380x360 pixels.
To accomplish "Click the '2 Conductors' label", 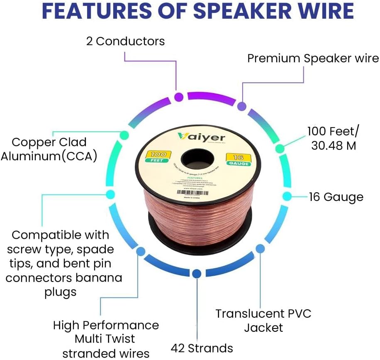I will (125, 41).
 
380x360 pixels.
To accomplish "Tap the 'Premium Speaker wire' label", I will (313, 58).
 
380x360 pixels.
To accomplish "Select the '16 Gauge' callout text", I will (336, 197).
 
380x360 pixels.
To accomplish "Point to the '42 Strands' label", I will (202, 348).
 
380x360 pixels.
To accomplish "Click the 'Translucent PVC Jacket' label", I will (263, 320).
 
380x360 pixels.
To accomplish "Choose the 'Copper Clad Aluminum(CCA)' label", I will (49, 149).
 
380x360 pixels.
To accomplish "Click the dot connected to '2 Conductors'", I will (179, 98).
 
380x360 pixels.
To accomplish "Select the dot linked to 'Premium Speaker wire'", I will (241, 106).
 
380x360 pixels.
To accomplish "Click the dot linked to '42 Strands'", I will (197, 274).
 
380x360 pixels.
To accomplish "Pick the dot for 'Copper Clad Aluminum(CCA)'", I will (124, 135).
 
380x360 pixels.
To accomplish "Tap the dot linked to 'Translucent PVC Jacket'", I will (260, 249).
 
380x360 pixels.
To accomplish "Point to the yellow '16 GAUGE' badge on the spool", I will (239, 159).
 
